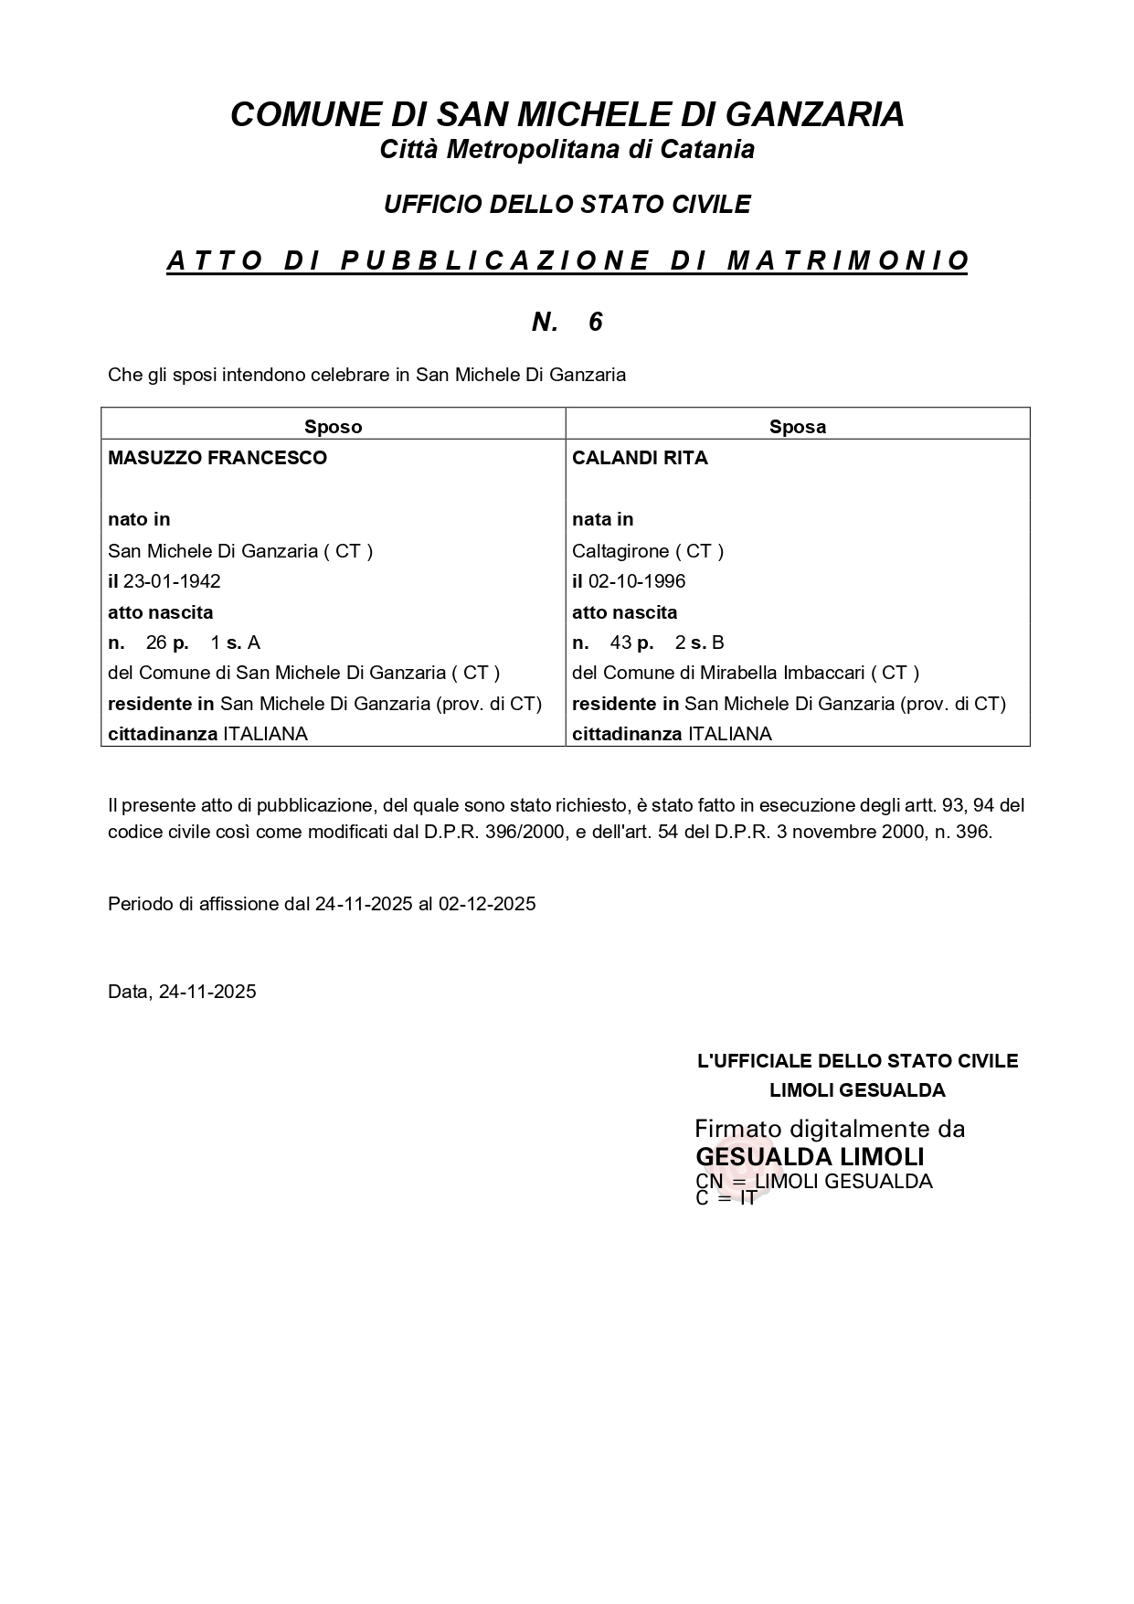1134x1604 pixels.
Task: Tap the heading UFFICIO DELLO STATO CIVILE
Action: [567, 205]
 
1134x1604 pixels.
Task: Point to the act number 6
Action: [596, 322]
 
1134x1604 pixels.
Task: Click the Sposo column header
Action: [333, 427]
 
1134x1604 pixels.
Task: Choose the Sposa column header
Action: [797, 427]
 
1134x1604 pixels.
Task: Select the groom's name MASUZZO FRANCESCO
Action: [217, 458]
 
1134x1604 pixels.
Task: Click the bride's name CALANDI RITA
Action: [640, 458]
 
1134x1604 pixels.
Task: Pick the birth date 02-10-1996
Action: [637, 581]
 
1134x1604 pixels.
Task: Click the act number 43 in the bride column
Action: [621, 643]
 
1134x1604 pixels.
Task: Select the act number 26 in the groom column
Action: [156, 643]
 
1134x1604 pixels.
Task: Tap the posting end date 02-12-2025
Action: [487, 904]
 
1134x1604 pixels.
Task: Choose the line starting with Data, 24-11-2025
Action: [182, 992]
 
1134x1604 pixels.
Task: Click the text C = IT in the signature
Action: [726, 1198]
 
